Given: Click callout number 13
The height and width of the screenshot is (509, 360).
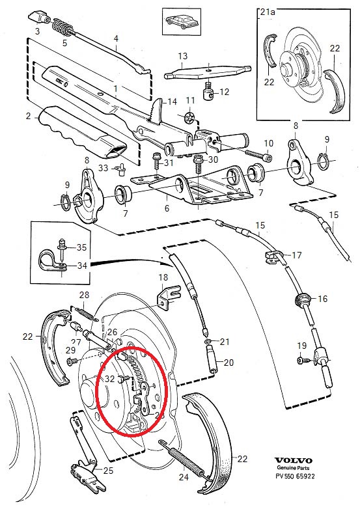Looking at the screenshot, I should pos(183,56).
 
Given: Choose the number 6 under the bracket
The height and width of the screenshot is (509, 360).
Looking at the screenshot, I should pos(167,208).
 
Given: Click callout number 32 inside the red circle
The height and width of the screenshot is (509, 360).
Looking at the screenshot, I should pos(109,378).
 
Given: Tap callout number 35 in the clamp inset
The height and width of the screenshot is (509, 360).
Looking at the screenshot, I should pos(81,247).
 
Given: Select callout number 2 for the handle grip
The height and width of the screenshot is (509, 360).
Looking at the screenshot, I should pos(29,117).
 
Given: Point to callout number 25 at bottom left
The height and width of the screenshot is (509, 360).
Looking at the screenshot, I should pos(109,470).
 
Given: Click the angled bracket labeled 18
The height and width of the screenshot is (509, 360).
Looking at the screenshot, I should pos(168,296).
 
